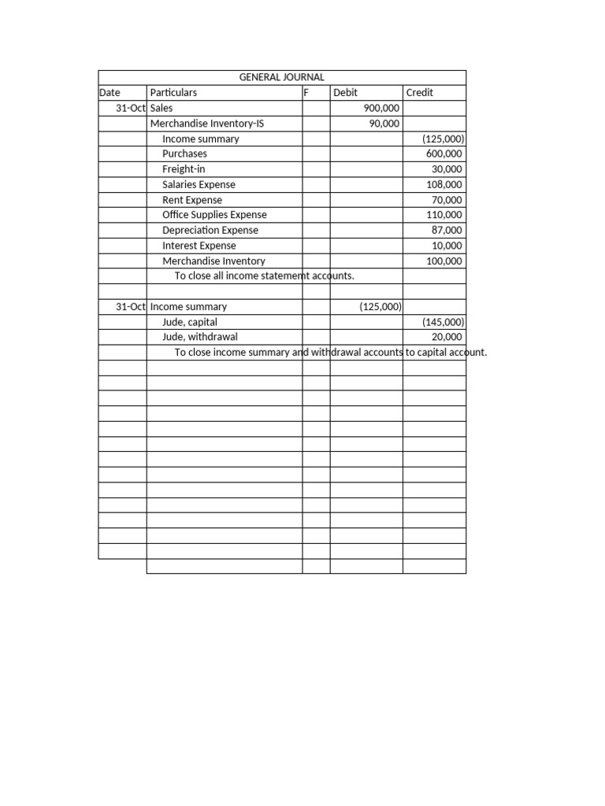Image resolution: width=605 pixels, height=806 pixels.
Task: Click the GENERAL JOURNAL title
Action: click(281, 77)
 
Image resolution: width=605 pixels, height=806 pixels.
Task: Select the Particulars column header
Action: click(173, 92)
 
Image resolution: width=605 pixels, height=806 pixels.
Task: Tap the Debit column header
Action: click(345, 92)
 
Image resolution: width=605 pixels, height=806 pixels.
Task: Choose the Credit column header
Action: click(420, 92)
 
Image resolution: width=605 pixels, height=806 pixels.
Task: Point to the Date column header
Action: click(109, 92)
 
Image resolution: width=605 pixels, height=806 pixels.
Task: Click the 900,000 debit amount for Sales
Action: click(381, 108)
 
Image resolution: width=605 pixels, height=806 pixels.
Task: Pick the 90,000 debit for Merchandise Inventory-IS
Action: click(384, 124)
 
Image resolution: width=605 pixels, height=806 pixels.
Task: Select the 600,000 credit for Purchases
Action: click(444, 153)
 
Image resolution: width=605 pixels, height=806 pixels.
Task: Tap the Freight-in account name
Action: click(184, 169)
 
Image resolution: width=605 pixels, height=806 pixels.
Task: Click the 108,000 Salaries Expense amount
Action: click(444, 184)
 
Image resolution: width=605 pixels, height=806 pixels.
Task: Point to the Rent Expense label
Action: click(192, 200)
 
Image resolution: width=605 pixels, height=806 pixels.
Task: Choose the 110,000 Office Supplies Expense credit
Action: click(444, 215)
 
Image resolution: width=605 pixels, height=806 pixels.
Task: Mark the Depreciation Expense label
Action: click(210, 231)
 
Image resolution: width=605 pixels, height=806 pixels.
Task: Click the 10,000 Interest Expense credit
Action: click(447, 246)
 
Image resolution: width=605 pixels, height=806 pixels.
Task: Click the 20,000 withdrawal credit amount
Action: click(447, 337)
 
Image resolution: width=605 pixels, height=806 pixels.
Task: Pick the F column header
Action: click(306, 92)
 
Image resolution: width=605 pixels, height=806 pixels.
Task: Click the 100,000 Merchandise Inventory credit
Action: click(444, 261)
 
